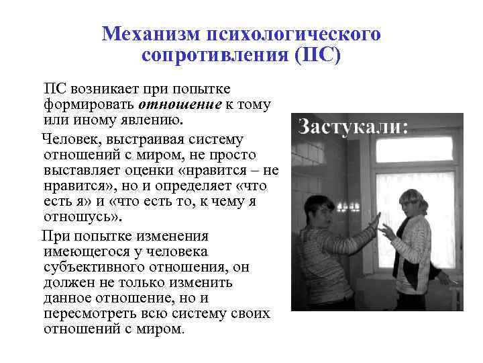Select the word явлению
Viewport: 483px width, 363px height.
[x=156, y=120]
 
